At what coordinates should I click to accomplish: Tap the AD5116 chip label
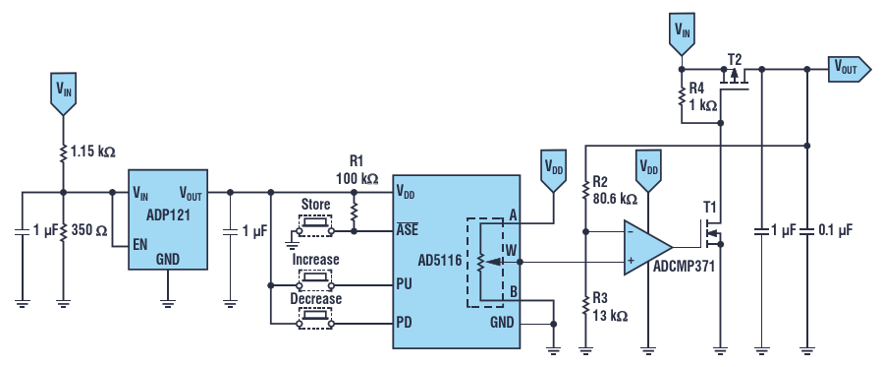pyautogui.click(x=439, y=261)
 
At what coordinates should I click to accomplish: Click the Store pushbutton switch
pyautogui.click(x=315, y=224)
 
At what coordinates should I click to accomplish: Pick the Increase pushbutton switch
pyautogui.click(x=315, y=278)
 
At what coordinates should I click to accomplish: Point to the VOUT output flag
pyautogui.click(x=850, y=69)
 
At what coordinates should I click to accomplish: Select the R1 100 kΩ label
pyautogui.click(x=358, y=171)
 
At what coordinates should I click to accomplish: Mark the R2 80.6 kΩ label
pyautogui.click(x=615, y=191)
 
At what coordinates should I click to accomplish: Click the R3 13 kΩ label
pyautogui.click(x=610, y=307)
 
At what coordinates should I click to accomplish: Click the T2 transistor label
pyautogui.click(x=735, y=59)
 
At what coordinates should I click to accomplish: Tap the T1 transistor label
pyautogui.click(x=709, y=207)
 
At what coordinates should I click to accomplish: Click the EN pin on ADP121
pyautogui.click(x=141, y=245)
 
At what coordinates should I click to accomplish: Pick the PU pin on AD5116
pyautogui.click(x=404, y=283)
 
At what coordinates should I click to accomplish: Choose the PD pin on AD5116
pyautogui.click(x=404, y=323)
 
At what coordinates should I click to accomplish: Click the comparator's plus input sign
pyautogui.click(x=632, y=261)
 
